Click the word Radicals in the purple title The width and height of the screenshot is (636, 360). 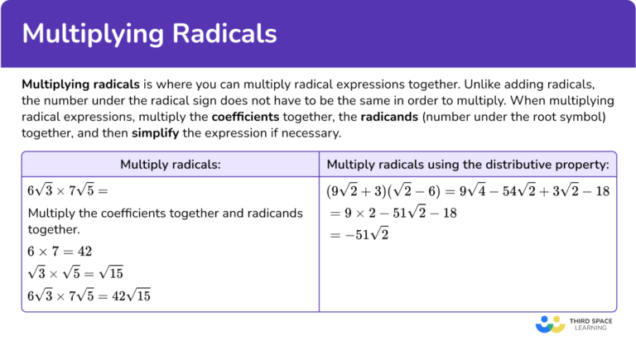(x=220, y=34)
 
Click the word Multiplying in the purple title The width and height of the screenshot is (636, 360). (x=90, y=34)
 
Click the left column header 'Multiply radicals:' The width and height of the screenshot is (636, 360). (x=170, y=165)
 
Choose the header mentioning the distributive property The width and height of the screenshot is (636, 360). (x=468, y=165)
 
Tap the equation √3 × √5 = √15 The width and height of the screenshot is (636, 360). (x=75, y=273)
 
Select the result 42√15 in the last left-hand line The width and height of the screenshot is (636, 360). (x=133, y=295)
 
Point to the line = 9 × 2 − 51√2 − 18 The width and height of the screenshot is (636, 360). (x=393, y=213)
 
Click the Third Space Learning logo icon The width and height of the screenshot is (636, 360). (x=549, y=323)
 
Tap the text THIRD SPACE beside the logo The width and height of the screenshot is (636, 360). (x=589, y=319)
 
